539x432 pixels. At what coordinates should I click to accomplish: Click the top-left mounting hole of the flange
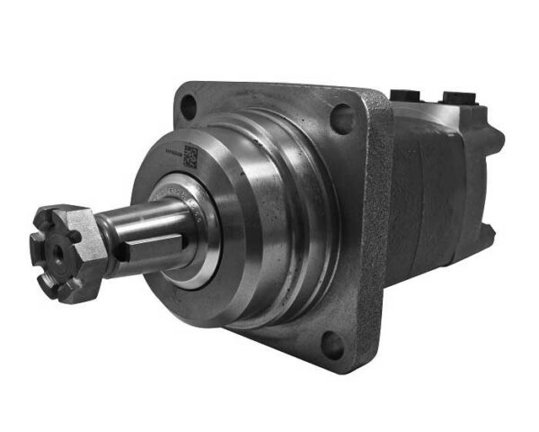tap(188, 106)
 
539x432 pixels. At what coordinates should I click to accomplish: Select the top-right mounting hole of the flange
tap(341, 118)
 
